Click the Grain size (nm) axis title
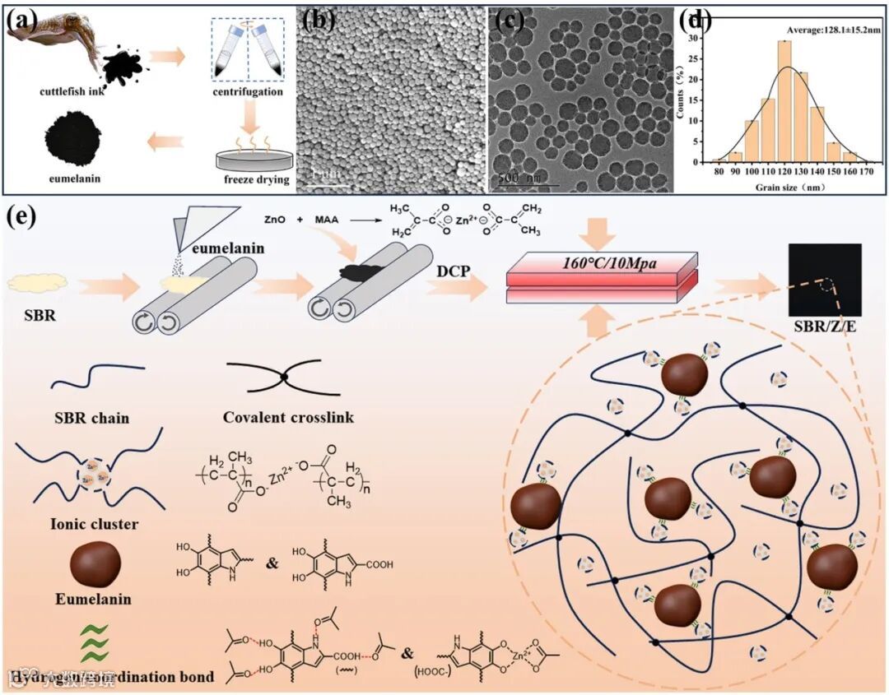point(783,186)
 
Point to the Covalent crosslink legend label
point(288,417)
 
